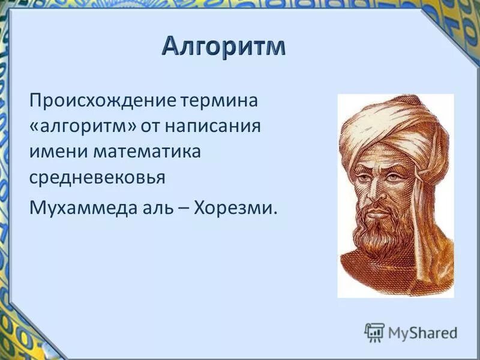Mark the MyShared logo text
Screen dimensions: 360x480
[x=422, y=332]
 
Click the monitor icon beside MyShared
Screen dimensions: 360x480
[x=375, y=332]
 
